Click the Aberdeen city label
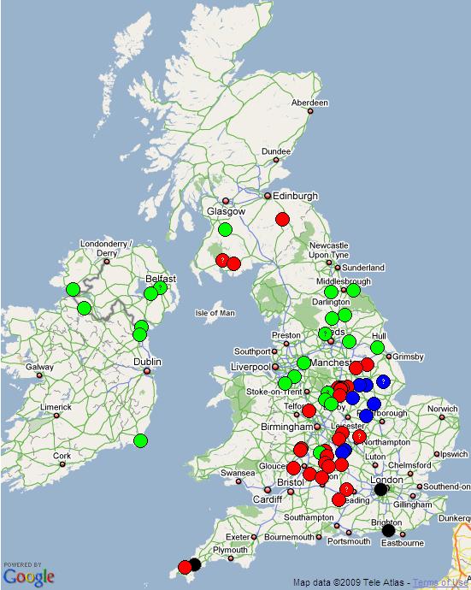pyautogui.click(x=309, y=103)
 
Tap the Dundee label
pyautogui.click(x=276, y=151)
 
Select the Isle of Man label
pyautogui.click(x=215, y=313)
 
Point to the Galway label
pyautogui.click(x=39, y=368)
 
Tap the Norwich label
pyautogui.click(x=443, y=409)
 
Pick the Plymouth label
pyautogui.click(x=230, y=550)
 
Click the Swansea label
pyautogui.click(x=238, y=473)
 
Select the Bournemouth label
pyautogui.click(x=290, y=537)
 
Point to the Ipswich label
pyautogui.click(x=453, y=454)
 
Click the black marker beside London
pyautogui.click(x=381, y=489)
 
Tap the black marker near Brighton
pyautogui.click(x=388, y=530)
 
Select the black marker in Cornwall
pyautogui.click(x=195, y=564)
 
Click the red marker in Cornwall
pyautogui.click(x=185, y=567)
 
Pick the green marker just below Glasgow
pyautogui.click(x=225, y=229)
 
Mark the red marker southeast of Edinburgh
pyautogui.click(x=282, y=220)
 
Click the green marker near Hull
pyautogui.click(x=377, y=347)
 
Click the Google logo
pyautogui.click(x=29, y=575)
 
